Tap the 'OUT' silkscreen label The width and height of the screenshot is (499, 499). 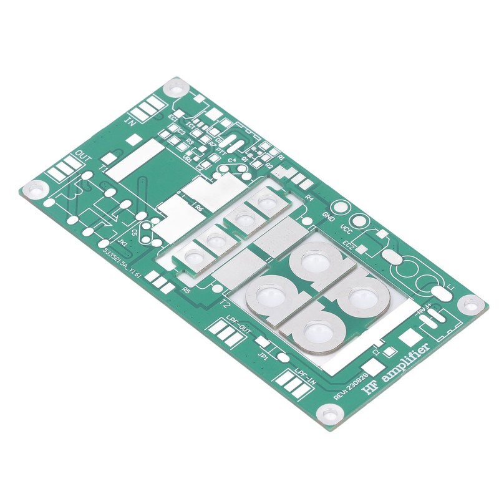[83, 154]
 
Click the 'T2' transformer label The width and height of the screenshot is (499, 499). [225, 303]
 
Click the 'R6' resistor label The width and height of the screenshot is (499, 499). [199, 209]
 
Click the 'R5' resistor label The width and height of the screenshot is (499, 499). [186, 289]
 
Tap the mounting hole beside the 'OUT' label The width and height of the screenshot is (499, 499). [36, 187]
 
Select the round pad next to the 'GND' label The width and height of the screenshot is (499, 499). [340, 208]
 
